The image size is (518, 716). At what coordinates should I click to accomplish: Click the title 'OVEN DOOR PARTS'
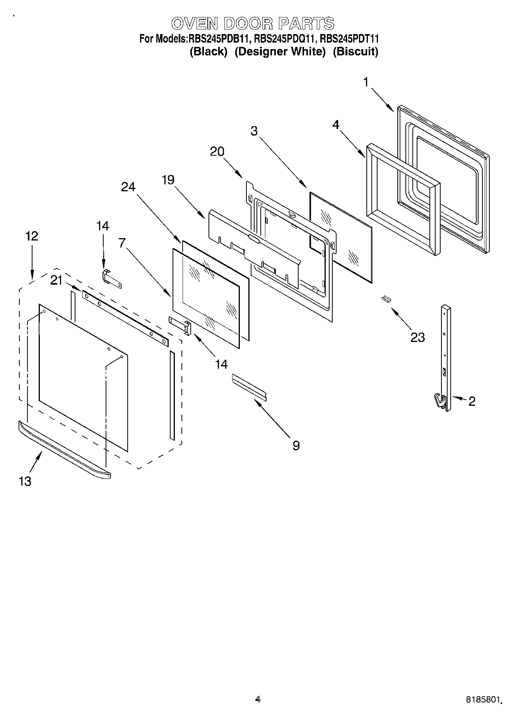(253, 24)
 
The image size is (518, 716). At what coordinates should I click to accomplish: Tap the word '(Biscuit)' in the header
(355, 52)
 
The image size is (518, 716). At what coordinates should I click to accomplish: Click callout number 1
(366, 82)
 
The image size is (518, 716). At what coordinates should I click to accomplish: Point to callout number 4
(336, 125)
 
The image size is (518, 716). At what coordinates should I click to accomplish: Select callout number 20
(217, 151)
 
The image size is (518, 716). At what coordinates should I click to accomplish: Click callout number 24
(128, 187)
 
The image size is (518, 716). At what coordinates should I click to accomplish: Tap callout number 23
(417, 337)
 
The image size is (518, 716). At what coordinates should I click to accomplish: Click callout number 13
(25, 481)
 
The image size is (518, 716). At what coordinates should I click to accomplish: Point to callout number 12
(32, 236)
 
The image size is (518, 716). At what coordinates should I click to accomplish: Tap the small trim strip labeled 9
(249, 386)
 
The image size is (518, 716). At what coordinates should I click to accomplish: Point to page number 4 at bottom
(258, 699)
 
